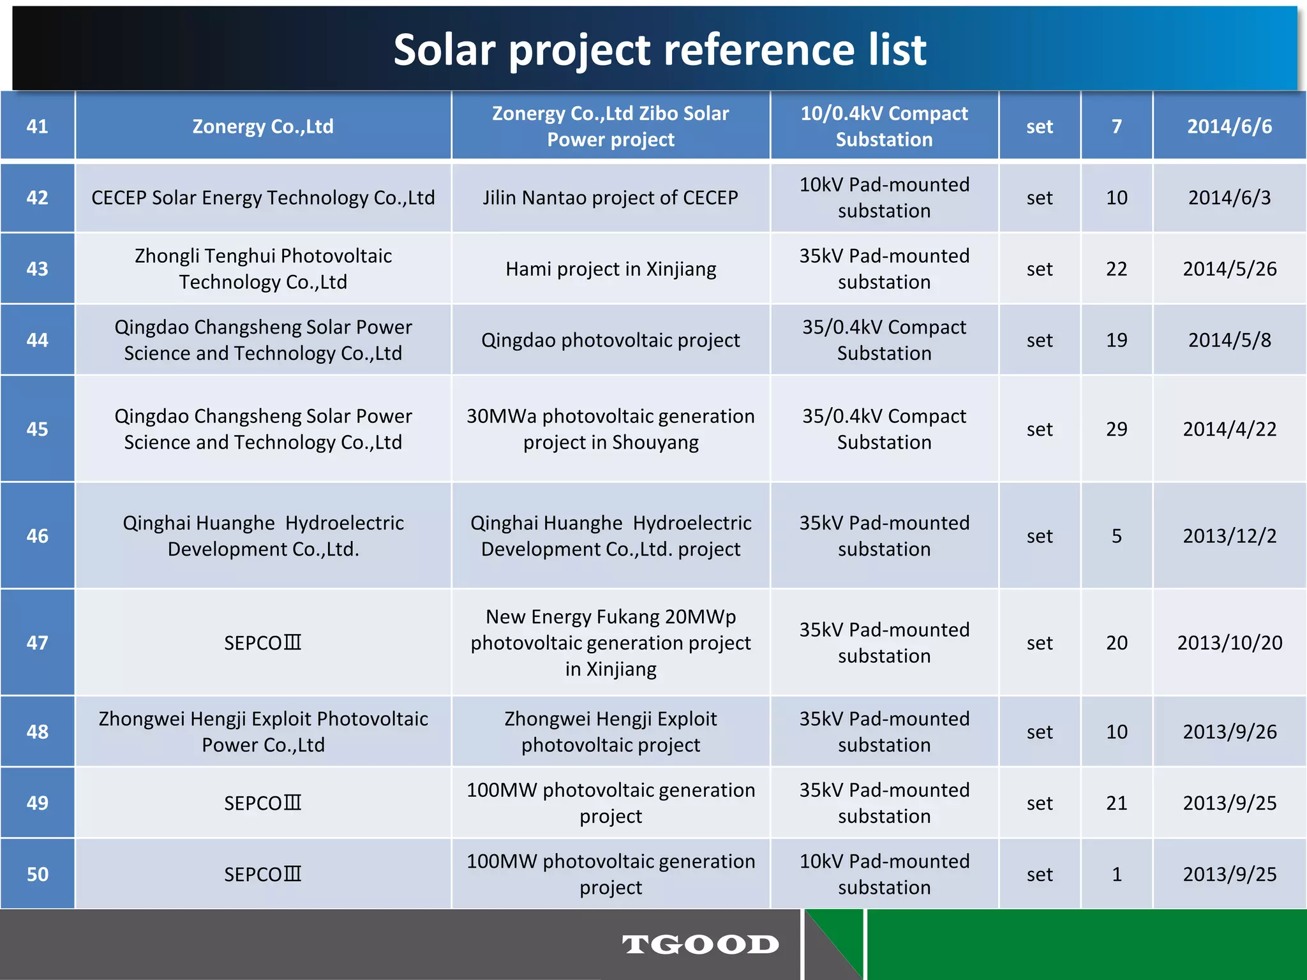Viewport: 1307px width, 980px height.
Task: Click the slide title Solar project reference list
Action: click(x=659, y=50)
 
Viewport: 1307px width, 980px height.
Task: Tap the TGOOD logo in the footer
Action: click(x=700, y=944)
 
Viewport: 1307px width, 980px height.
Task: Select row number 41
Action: click(x=37, y=126)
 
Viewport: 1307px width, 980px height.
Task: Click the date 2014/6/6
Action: click(x=1229, y=126)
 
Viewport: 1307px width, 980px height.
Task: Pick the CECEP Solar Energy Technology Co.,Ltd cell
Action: click(x=263, y=198)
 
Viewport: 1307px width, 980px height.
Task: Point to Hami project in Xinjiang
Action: click(x=611, y=269)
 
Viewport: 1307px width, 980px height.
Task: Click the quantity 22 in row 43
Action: click(x=1116, y=269)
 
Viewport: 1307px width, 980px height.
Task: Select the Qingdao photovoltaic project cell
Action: click(x=611, y=340)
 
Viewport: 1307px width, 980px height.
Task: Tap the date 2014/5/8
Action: click(x=1229, y=340)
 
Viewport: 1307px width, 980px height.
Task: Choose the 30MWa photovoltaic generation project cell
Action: click(x=611, y=429)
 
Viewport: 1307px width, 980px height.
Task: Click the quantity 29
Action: click(x=1116, y=429)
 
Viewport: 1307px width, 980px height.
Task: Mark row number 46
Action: click(x=37, y=536)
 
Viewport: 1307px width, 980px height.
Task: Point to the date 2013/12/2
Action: click(x=1229, y=536)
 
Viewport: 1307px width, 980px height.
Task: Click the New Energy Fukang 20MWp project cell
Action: click(x=611, y=642)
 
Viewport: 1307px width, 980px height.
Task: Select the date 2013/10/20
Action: click(x=1229, y=642)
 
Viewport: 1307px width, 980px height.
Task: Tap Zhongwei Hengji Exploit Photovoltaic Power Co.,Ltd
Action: click(x=263, y=732)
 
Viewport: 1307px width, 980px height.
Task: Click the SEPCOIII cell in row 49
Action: click(x=263, y=803)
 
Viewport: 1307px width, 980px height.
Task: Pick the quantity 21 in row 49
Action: click(x=1116, y=803)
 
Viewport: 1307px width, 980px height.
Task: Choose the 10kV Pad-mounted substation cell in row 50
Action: click(x=884, y=874)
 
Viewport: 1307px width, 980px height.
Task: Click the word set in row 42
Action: click(x=1039, y=198)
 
